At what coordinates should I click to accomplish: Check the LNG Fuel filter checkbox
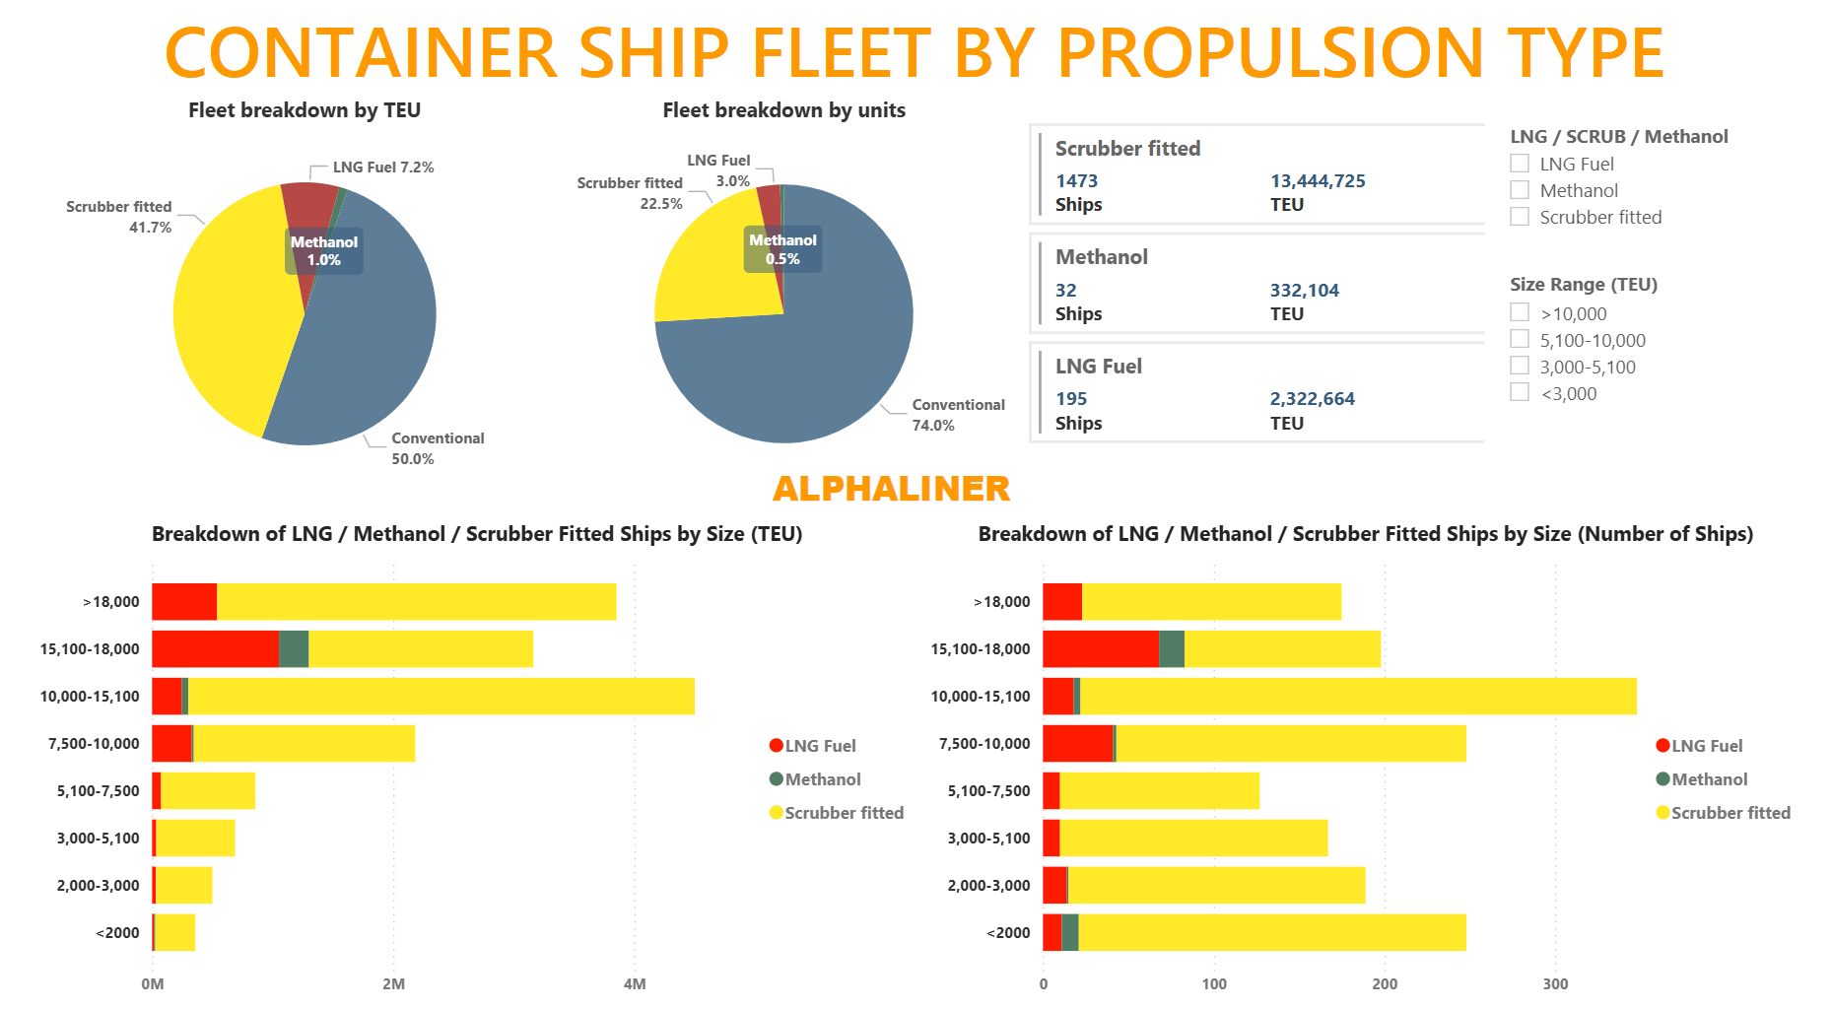pos(1520,164)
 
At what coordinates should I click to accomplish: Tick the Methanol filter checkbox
pos(1520,190)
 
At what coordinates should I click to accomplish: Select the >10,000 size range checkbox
pos(1520,313)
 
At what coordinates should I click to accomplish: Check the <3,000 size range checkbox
pos(1520,393)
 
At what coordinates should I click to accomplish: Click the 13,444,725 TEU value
pos(1317,181)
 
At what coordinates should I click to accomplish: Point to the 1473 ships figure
pos(1076,181)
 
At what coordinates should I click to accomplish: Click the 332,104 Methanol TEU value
pos(1304,291)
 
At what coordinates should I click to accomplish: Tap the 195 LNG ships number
pos(1071,399)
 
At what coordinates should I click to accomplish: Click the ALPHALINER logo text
pos(891,489)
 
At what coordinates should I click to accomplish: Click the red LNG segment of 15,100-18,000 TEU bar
pos(215,649)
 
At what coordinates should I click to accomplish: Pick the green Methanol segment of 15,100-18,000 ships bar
pos(1172,649)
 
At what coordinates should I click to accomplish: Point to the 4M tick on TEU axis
pos(635,983)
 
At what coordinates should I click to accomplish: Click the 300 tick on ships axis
pos(1555,983)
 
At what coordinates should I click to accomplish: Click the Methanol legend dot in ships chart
pos(1662,779)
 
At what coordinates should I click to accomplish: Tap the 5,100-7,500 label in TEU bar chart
pos(98,791)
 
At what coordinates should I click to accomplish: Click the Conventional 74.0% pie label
pos(958,415)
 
